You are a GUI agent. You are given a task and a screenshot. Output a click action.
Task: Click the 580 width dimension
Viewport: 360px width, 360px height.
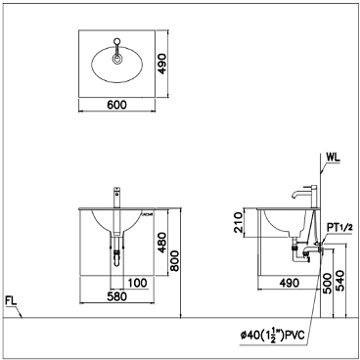[x=117, y=297]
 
